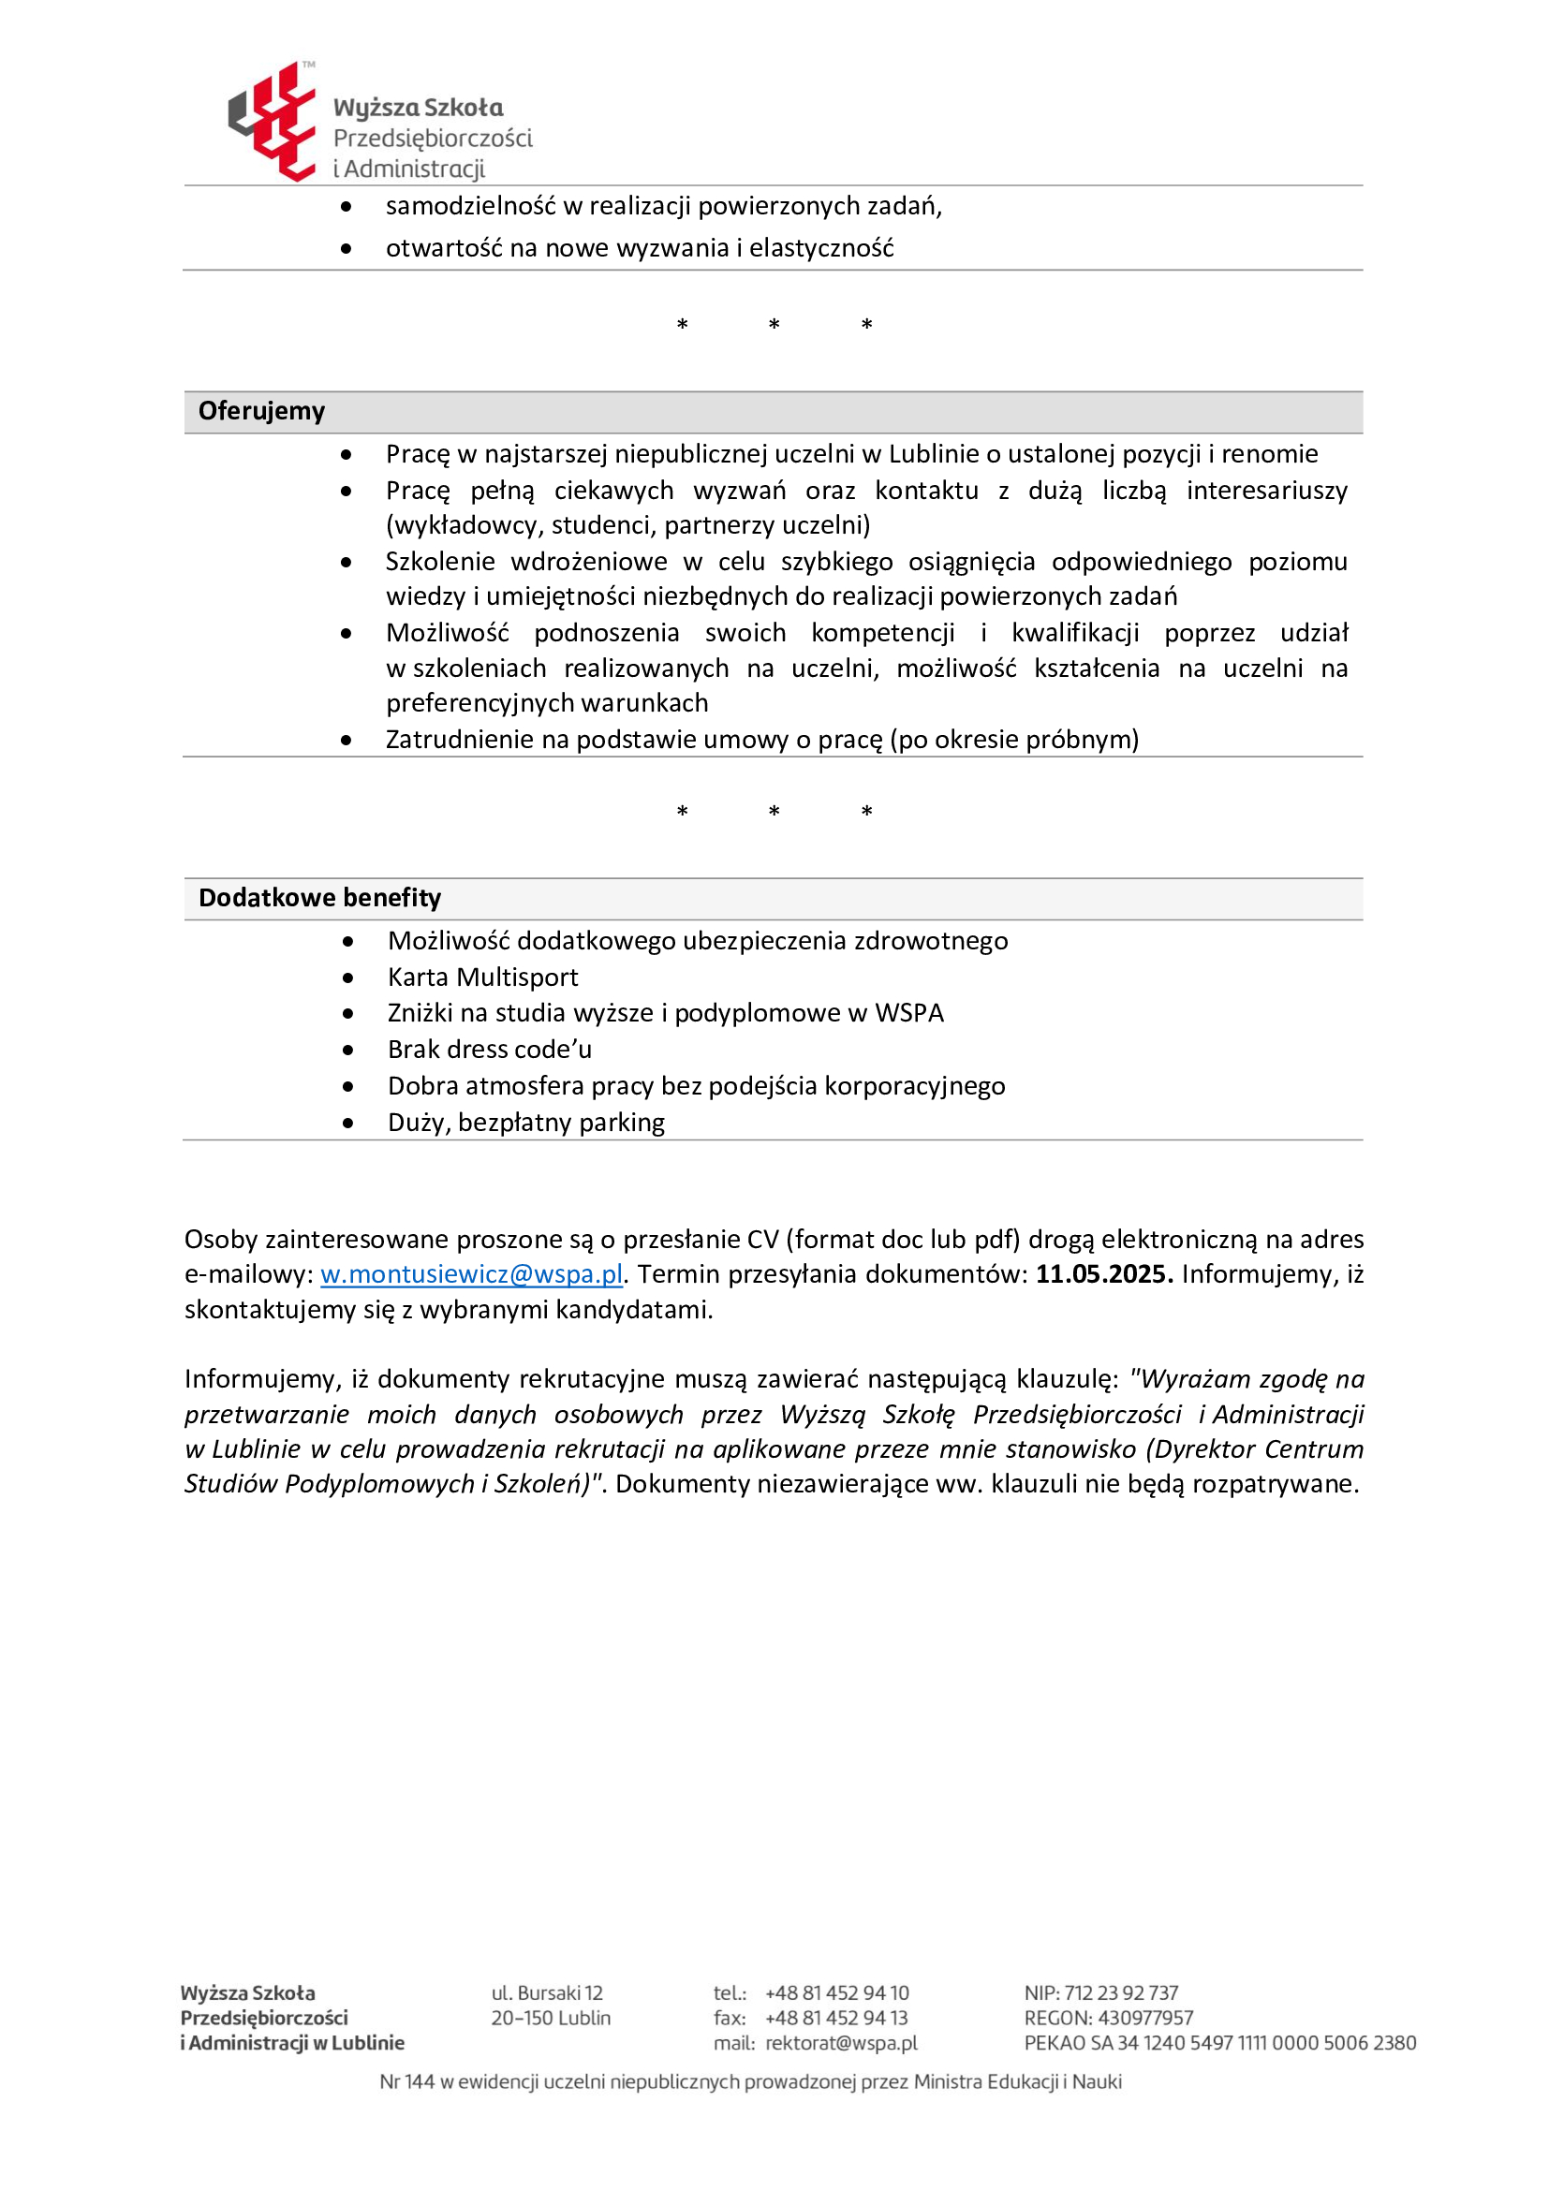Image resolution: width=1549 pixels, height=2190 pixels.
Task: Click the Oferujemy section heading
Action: tap(261, 411)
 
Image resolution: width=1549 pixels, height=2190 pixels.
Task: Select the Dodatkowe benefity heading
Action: tap(319, 898)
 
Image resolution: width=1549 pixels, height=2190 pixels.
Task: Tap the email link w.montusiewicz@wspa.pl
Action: tap(471, 1274)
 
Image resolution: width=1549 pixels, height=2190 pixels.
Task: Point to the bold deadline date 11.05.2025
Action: tap(1103, 1274)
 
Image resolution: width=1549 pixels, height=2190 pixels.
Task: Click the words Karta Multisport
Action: tap(482, 977)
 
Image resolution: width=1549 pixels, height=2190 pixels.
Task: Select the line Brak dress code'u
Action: tap(489, 1050)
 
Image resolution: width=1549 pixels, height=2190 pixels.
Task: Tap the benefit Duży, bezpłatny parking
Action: tap(525, 1123)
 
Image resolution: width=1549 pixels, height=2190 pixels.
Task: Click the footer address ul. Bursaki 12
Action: tap(547, 1992)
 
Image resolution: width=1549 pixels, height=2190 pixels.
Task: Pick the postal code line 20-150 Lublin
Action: tap(551, 2018)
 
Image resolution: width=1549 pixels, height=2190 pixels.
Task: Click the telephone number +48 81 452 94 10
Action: tap(836, 1992)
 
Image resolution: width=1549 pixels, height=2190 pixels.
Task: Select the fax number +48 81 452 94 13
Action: tap(835, 2018)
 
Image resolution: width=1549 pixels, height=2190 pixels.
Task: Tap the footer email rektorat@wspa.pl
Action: tap(840, 2042)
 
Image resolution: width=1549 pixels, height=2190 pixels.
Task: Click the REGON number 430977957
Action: tap(1145, 2018)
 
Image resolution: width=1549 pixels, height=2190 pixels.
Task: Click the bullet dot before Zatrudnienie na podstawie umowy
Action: tap(347, 741)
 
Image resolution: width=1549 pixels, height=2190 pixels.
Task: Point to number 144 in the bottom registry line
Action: tap(419, 2081)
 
